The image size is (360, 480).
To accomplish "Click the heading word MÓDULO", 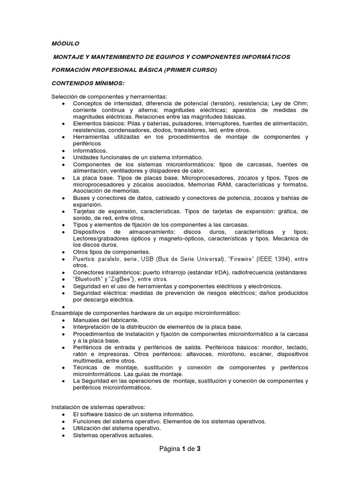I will [x=65, y=43].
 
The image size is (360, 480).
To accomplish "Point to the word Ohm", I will [x=300, y=103].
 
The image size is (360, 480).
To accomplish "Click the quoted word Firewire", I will [x=243, y=259].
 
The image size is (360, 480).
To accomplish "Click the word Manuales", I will [x=87, y=320].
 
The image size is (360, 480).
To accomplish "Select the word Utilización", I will [x=89, y=428].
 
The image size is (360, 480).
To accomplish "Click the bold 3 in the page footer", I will [x=198, y=449].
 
